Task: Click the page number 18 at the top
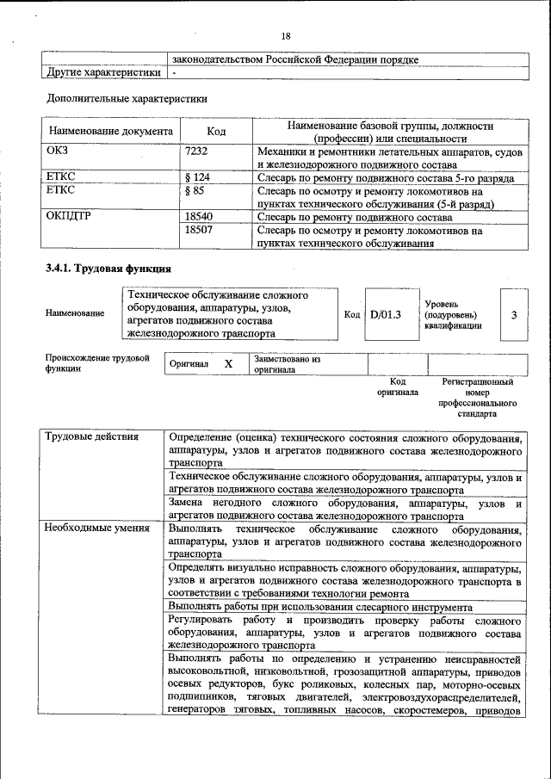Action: click(x=286, y=35)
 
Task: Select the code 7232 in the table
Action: click(x=198, y=151)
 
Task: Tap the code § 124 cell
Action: click(x=200, y=178)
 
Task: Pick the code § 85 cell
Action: click(x=196, y=191)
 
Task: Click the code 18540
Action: click(x=200, y=217)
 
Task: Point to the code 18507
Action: click(x=200, y=231)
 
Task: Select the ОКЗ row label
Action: click(x=58, y=151)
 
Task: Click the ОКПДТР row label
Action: click(x=70, y=217)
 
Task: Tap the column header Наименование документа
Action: click(x=111, y=132)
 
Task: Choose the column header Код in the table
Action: click(x=216, y=132)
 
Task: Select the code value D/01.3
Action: click(x=386, y=315)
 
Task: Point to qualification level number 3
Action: click(x=513, y=315)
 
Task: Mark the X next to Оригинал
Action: click(x=228, y=364)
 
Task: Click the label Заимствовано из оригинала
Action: click(x=287, y=364)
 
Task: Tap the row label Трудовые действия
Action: click(x=92, y=436)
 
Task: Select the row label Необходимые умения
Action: click(x=97, y=529)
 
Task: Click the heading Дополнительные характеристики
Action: click(x=126, y=98)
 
